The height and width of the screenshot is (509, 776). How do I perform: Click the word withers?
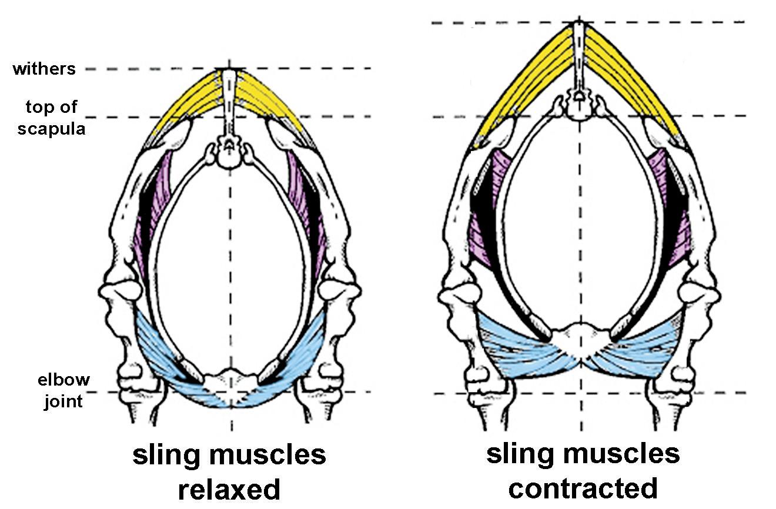point(44,69)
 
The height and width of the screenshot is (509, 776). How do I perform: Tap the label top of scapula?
point(51,118)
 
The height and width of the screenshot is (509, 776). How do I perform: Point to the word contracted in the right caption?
point(583,488)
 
